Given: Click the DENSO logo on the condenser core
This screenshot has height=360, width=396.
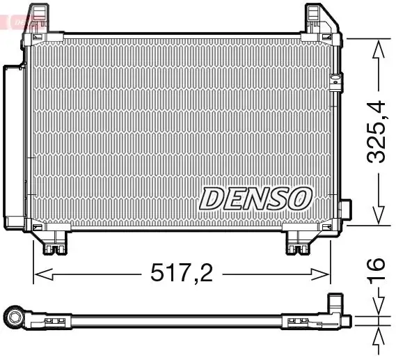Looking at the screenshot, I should pos(254,198).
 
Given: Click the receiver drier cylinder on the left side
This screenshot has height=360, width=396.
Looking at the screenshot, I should pos(13,146).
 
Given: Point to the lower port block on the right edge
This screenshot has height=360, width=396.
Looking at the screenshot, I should pos(345,212).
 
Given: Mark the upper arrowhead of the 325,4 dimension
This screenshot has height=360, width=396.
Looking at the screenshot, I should pos(378,47).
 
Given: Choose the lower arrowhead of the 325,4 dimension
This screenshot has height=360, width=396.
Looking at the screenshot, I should pos(378,217).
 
